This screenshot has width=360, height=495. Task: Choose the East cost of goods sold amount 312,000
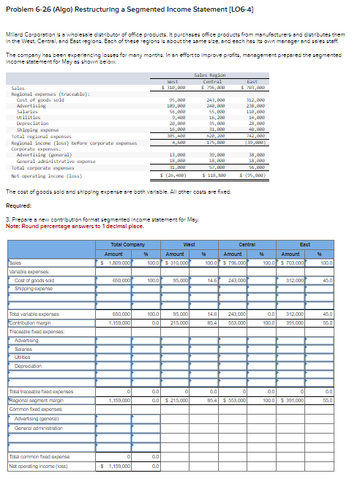point(294,281)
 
